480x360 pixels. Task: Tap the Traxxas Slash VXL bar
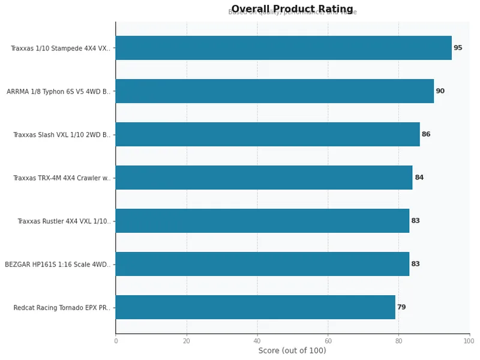click(x=267, y=134)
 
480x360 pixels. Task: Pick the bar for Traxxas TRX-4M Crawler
click(x=263, y=178)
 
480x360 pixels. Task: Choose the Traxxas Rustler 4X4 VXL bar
click(x=262, y=221)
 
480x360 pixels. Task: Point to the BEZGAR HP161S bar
click(x=262, y=264)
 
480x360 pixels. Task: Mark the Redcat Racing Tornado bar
click(x=255, y=307)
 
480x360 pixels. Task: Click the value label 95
click(x=458, y=48)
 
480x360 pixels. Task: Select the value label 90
click(x=440, y=91)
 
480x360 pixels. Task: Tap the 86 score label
click(x=426, y=134)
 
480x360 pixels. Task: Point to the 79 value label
click(x=401, y=307)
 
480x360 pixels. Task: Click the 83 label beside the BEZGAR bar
click(x=415, y=264)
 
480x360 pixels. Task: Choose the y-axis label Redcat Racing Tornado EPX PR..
click(x=62, y=308)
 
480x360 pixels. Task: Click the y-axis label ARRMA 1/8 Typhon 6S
click(x=58, y=92)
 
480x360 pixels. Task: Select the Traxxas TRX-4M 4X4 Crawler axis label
click(x=62, y=178)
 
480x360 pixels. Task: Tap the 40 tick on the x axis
click(x=257, y=341)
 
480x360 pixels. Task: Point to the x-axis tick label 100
click(x=469, y=341)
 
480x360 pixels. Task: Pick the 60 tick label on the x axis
click(x=328, y=341)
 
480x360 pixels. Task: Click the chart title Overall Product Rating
click(x=292, y=9)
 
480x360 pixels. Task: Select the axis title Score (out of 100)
click(x=292, y=350)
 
